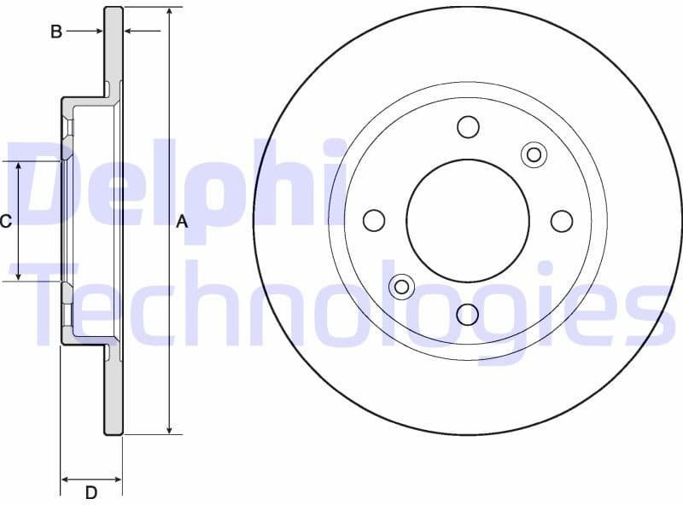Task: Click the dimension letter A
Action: tap(181, 222)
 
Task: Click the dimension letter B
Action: tap(56, 32)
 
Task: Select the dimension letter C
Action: tap(5, 222)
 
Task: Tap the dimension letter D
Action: tap(91, 492)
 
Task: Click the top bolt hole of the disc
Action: tap(468, 127)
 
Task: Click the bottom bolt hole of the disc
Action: tap(468, 314)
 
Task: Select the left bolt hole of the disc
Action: tap(374, 221)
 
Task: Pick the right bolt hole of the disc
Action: tap(561, 221)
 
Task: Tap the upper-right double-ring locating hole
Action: tap(534, 154)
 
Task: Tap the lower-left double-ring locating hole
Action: tap(401, 287)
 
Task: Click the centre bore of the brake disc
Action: tap(468, 220)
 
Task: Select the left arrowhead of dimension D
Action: tap(66, 479)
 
